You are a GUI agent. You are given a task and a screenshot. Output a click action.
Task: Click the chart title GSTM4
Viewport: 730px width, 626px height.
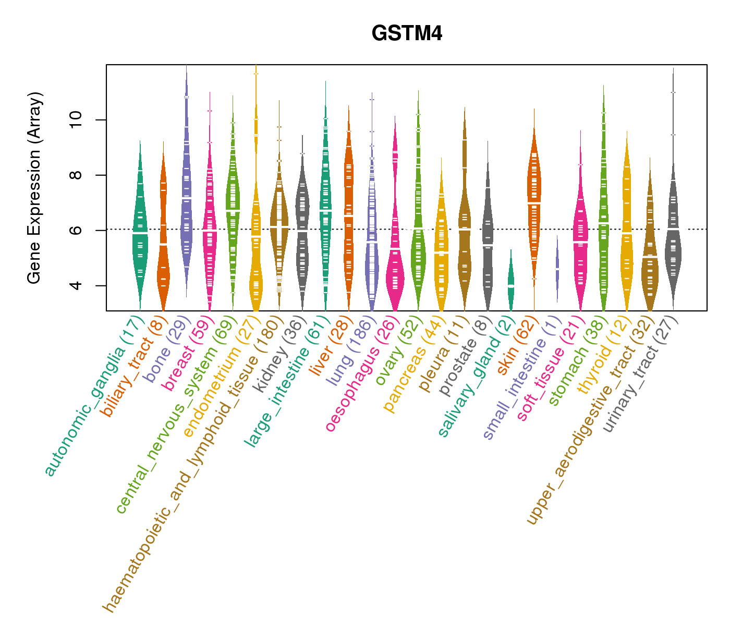click(407, 34)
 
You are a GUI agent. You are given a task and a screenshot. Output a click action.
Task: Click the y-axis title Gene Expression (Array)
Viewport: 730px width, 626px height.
click(34, 188)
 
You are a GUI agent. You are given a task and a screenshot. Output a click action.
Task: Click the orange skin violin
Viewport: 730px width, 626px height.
click(534, 203)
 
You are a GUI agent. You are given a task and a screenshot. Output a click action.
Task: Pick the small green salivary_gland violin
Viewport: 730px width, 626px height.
click(511, 284)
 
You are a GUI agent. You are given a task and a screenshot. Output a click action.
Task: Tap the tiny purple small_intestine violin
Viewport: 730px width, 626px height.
click(557, 269)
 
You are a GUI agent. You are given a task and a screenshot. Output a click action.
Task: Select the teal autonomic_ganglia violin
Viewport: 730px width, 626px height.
click(140, 235)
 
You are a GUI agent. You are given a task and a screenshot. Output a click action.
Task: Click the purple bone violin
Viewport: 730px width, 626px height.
click(186, 198)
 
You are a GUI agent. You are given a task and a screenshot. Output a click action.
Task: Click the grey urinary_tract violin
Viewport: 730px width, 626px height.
click(673, 245)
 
